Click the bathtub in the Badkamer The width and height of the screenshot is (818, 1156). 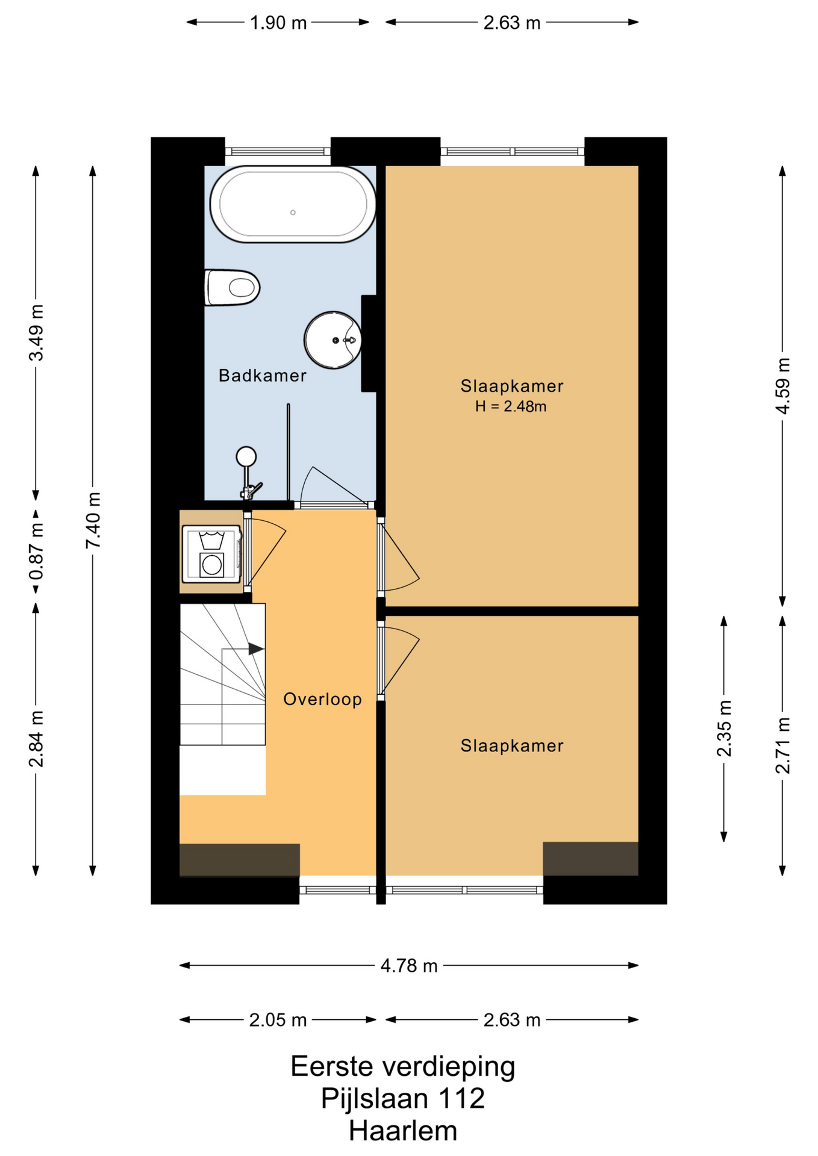click(293, 204)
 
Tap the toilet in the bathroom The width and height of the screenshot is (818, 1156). click(232, 287)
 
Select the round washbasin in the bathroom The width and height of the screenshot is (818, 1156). click(333, 340)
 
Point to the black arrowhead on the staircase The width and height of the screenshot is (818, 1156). click(256, 649)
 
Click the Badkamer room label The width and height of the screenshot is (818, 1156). click(263, 376)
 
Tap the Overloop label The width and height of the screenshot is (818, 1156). click(323, 699)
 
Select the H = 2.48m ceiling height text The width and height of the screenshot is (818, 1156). click(511, 406)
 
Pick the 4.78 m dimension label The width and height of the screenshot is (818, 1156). click(409, 966)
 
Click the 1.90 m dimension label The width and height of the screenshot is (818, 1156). click(278, 23)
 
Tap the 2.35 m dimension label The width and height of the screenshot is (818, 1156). click(724, 729)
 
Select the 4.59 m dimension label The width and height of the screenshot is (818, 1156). click(782, 386)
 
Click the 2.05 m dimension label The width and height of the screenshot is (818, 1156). click(278, 1020)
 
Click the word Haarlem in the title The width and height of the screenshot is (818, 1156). click(403, 1131)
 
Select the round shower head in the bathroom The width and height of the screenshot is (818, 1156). click(246, 456)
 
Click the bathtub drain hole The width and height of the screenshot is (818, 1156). click(293, 213)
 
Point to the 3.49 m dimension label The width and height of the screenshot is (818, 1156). click(36, 333)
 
